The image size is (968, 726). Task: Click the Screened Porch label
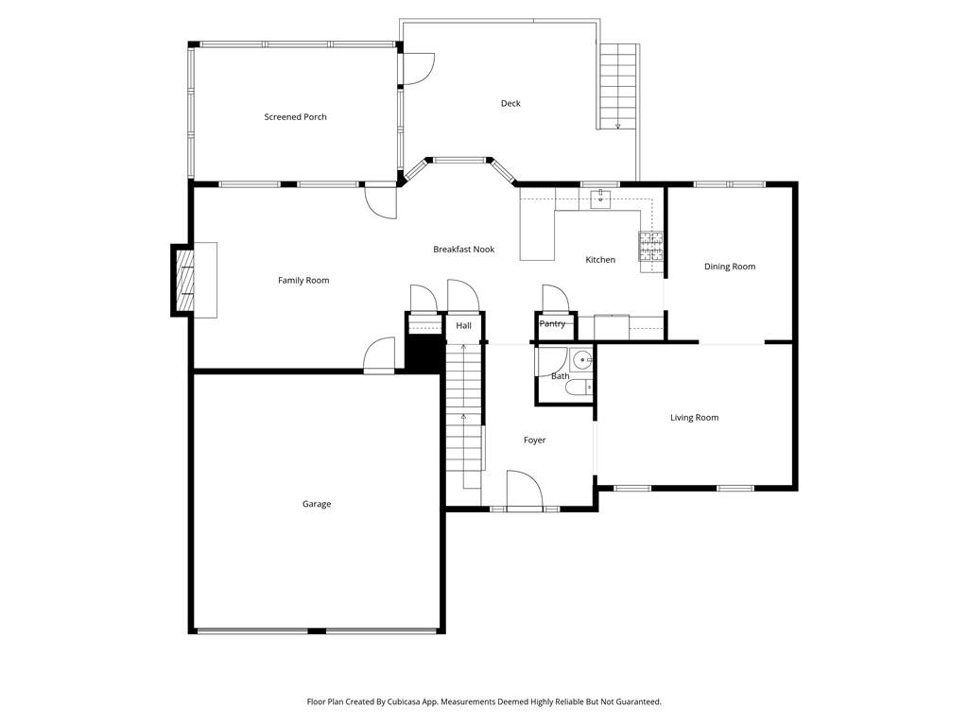pyautogui.click(x=295, y=116)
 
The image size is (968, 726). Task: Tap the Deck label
pyautogui.click(x=510, y=103)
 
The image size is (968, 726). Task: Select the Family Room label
pyautogui.click(x=303, y=280)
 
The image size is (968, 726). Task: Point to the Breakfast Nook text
pyautogui.click(x=463, y=250)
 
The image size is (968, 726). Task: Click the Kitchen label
pyautogui.click(x=600, y=260)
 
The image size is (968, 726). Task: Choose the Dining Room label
pyautogui.click(x=730, y=267)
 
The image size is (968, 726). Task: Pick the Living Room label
pyautogui.click(x=695, y=418)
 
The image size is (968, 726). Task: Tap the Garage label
pyautogui.click(x=317, y=505)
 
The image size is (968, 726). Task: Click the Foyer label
pyautogui.click(x=535, y=441)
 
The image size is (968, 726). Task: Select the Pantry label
pyautogui.click(x=552, y=323)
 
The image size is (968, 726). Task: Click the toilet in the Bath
pyautogui.click(x=579, y=387)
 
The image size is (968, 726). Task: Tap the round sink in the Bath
pyautogui.click(x=581, y=358)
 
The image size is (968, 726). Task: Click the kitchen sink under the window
pyautogui.click(x=600, y=199)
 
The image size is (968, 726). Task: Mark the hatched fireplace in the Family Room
pyautogui.click(x=183, y=281)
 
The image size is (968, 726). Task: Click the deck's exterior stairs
pyautogui.click(x=618, y=86)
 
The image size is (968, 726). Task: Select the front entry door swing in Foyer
pyautogui.click(x=524, y=490)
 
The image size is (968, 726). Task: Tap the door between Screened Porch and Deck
pyautogui.click(x=419, y=68)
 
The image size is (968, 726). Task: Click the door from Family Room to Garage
pyautogui.click(x=378, y=355)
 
